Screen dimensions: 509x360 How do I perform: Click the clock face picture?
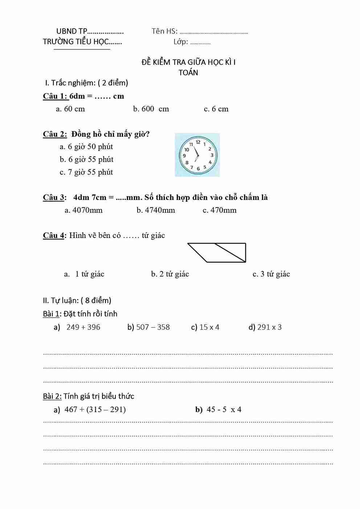tap(197, 155)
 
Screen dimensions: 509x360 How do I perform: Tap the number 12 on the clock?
tap(198, 142)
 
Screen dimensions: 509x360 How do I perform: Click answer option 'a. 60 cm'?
tap(70, 109)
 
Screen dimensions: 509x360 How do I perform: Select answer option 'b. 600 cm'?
tap(151, 109)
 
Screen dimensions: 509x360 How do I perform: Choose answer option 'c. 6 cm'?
tap(216, 109)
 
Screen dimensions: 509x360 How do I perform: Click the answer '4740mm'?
tap(156, 210)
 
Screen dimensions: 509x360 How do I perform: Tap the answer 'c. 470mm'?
tap(220, 210)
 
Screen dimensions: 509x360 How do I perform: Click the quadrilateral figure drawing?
tap(217, 253)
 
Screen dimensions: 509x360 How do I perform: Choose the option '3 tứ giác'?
tap(271, 274)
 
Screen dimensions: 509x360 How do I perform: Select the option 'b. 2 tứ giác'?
tap(170, 274)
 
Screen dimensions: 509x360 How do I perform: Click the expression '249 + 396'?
tap(83, 327)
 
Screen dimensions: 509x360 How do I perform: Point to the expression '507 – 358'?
tap(153, 327)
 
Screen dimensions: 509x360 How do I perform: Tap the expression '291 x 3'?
tap(269, 327)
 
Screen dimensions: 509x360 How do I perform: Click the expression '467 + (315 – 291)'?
tap(95, 410)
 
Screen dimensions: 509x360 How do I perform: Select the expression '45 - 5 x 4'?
tap(224, 410)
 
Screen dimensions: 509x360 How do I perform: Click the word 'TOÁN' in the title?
tap(188, 73)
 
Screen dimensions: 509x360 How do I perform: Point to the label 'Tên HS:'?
tap(164, 31)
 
